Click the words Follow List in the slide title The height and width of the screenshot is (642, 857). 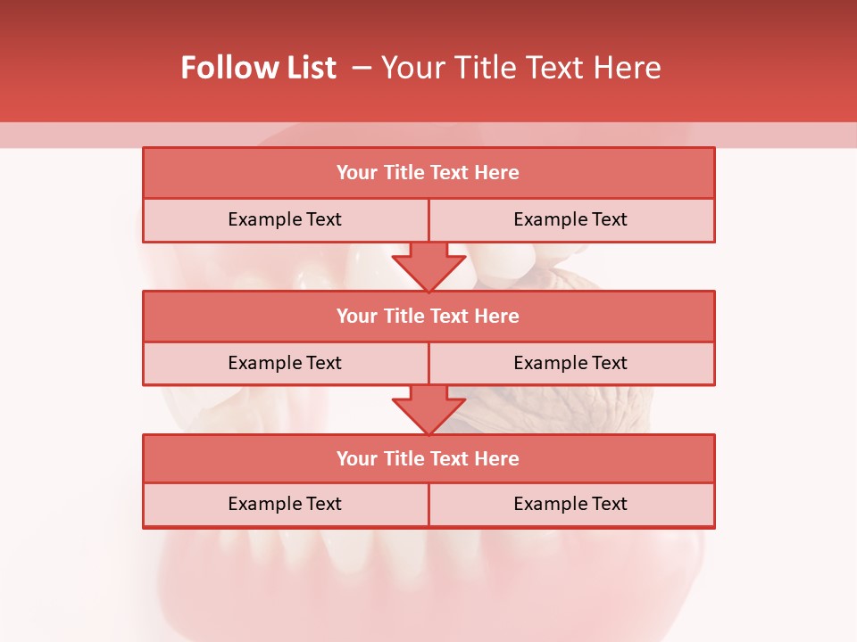(x=258, y=68)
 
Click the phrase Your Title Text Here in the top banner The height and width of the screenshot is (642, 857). (x=520, y=68)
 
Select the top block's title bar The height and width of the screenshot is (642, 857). (x=428, y=173)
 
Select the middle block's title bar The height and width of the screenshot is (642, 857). (x=428, y=316)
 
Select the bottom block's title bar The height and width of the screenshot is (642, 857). (x=428, y=458)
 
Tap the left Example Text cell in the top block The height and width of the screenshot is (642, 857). (x=285, y=219)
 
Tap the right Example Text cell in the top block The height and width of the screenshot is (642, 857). (x=570, y=219)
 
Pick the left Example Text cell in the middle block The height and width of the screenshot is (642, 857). (x=285, y=363)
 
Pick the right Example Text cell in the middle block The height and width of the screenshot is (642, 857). (x=570, y=363)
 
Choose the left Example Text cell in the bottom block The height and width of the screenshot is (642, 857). (x=285, y=504)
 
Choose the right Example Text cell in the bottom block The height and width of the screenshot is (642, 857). (x=570, y=504)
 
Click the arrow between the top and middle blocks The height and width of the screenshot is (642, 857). (x=428, y=266)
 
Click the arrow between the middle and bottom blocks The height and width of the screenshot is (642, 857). (x=428, y=408)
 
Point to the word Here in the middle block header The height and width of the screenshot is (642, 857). (x=497, y=316)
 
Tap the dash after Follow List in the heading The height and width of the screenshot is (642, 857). (x=362, y=68)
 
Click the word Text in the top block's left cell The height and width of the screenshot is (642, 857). (x=323, y=219)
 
